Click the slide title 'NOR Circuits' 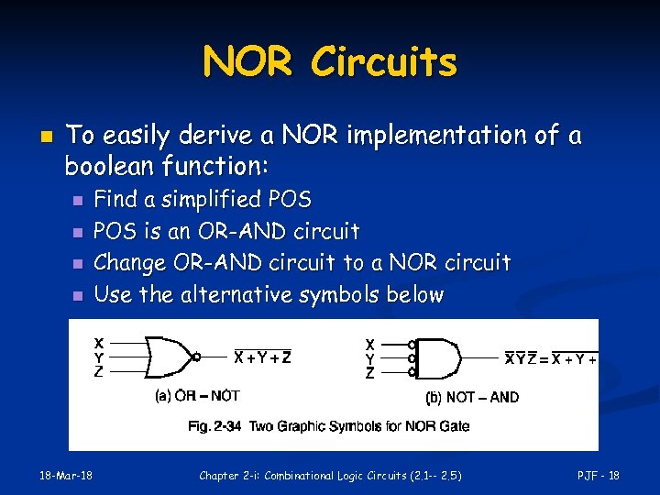click(329, 62)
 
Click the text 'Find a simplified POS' click(203, 199)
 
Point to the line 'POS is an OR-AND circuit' click(226, 231)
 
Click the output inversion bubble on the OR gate click(197, 357)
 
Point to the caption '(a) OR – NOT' click(197, 396)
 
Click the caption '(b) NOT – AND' click(472, 397)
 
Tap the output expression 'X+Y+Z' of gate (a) click(264, 357)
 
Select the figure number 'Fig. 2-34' click(214, 426)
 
